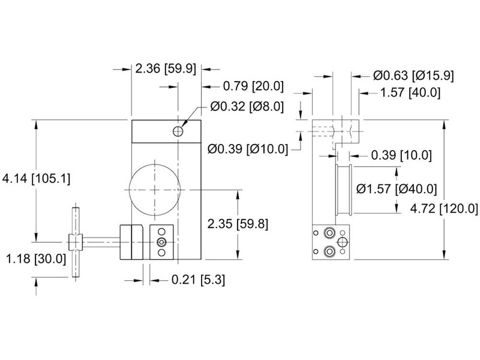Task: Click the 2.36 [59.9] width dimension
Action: click(166, 68)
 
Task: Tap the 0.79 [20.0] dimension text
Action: click(253, 86)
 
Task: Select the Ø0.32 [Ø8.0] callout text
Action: click(247, 107)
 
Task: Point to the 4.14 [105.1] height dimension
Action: click(36, 178)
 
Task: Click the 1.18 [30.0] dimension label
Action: click(36, 259)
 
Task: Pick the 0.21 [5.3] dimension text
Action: click(198, 280)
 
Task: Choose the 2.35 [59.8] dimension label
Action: click(238, 224)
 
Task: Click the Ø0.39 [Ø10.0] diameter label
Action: click(248, 149)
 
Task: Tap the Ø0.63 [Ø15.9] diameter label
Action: click(413, 76)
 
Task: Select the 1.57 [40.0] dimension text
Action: click(410, 92)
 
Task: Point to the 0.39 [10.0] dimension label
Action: click(401, 155)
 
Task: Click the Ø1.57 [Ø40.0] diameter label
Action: click(397, 189)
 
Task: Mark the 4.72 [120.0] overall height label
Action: click(444, 209)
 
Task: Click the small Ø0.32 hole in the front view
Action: click(178, 131)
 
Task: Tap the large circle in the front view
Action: click(155, 190)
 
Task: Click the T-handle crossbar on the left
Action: click(76, 242)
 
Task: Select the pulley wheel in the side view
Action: click(343, 190)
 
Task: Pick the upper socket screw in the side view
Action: click(329, 233)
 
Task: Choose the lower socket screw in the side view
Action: click(329, 252)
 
